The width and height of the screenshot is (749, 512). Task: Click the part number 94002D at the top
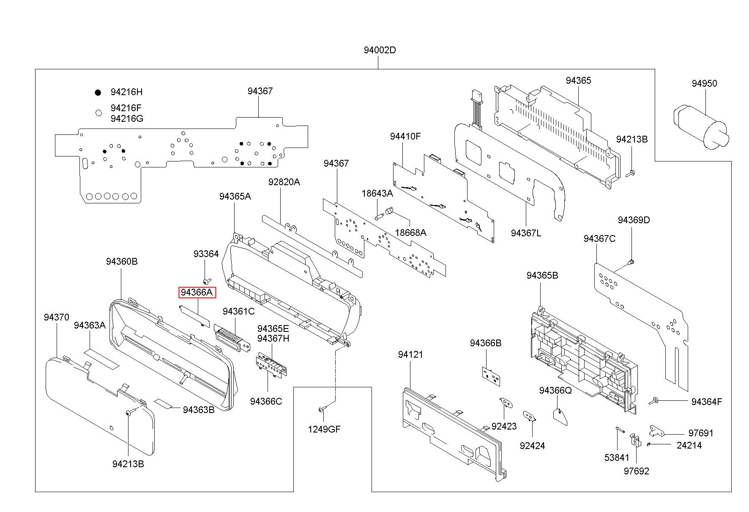click(380, 50)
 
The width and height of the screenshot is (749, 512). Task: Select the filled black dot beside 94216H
click(98, 92)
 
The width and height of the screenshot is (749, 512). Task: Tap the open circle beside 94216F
click(98, 113)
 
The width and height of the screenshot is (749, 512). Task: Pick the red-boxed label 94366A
click(197, 293)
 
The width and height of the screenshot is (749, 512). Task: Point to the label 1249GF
click(324, 430)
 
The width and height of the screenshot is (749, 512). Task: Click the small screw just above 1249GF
click(323, 409)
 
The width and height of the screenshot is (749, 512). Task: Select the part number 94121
click(410, 354)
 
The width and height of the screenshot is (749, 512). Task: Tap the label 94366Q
click(555, 390)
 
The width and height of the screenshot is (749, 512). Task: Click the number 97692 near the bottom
click(636, 471)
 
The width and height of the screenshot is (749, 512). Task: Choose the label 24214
click(689, 445)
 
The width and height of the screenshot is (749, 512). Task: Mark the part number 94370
click(56, 317)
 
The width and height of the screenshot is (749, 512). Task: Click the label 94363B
click(199, 410)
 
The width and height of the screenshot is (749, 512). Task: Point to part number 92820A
click(284, 182)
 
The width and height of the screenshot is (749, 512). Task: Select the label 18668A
click(410, 233)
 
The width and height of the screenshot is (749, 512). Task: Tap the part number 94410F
click(405, 136)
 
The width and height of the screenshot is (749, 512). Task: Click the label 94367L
click(526, 233)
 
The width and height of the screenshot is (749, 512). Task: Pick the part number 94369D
click(634, 220)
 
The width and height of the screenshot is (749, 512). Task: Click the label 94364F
click(707, 402)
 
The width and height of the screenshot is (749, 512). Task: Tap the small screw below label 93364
click(206, 281)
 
